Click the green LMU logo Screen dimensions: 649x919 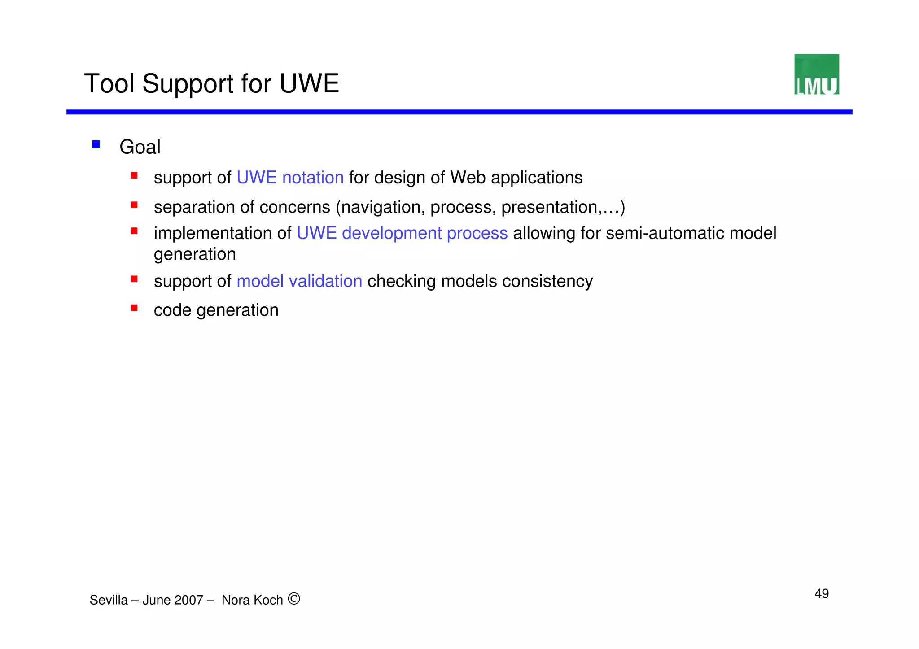click(x=816, y=74)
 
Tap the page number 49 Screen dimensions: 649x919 click(x=821, y=593)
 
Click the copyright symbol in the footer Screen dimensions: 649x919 click(x=294, y=599)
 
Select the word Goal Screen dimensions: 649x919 click(x=140, y=147)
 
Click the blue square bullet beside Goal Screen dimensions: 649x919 click(x=96, y=144)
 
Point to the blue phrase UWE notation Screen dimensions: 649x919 click(x=290, y=178)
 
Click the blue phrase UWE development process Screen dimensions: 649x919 click(x=402, y=233)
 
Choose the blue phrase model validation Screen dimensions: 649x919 click(x=299, y=281)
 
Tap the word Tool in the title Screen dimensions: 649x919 click(x=109, y=83)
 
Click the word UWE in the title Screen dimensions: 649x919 click(x=309, y=83)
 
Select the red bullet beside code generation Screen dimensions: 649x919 click(x=134, y=308)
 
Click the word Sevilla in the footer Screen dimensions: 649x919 click(x=109, y=600)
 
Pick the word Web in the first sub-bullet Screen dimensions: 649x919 click(x=468, y=178)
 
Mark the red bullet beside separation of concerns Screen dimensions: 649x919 click(x=134, y=205)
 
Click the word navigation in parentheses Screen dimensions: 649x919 click(x=381, y=207)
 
